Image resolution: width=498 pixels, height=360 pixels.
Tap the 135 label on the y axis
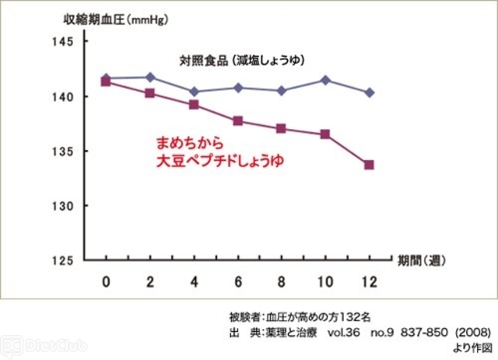click(x=61, y=151)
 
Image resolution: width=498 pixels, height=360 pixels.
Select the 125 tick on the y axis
click(x=61, y=260)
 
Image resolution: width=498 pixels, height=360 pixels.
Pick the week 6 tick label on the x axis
click(x=238, y=280)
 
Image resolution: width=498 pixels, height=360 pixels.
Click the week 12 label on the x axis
click(x=368, y=280)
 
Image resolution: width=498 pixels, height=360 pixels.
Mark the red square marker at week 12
click(x=369, y=165)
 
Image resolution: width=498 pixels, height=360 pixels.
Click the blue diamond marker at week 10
click(x=325, y=80)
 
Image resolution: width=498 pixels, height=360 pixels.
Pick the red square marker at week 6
click(x=238, y=121)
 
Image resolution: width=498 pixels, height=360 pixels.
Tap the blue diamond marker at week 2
click(x=150, y=77)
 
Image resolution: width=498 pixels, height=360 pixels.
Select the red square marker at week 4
click(x=194, y=104)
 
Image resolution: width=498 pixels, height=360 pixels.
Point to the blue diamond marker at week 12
click(x=369, y=93)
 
